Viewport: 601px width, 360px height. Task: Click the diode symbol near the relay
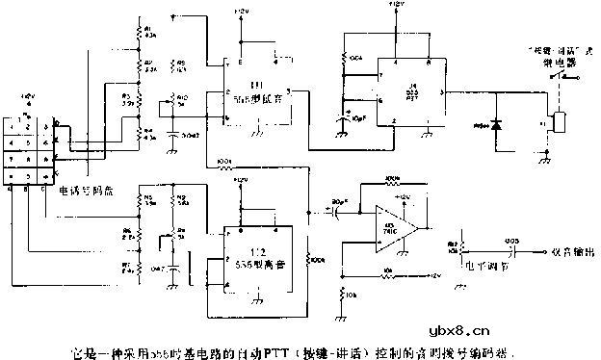pos(498,125)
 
